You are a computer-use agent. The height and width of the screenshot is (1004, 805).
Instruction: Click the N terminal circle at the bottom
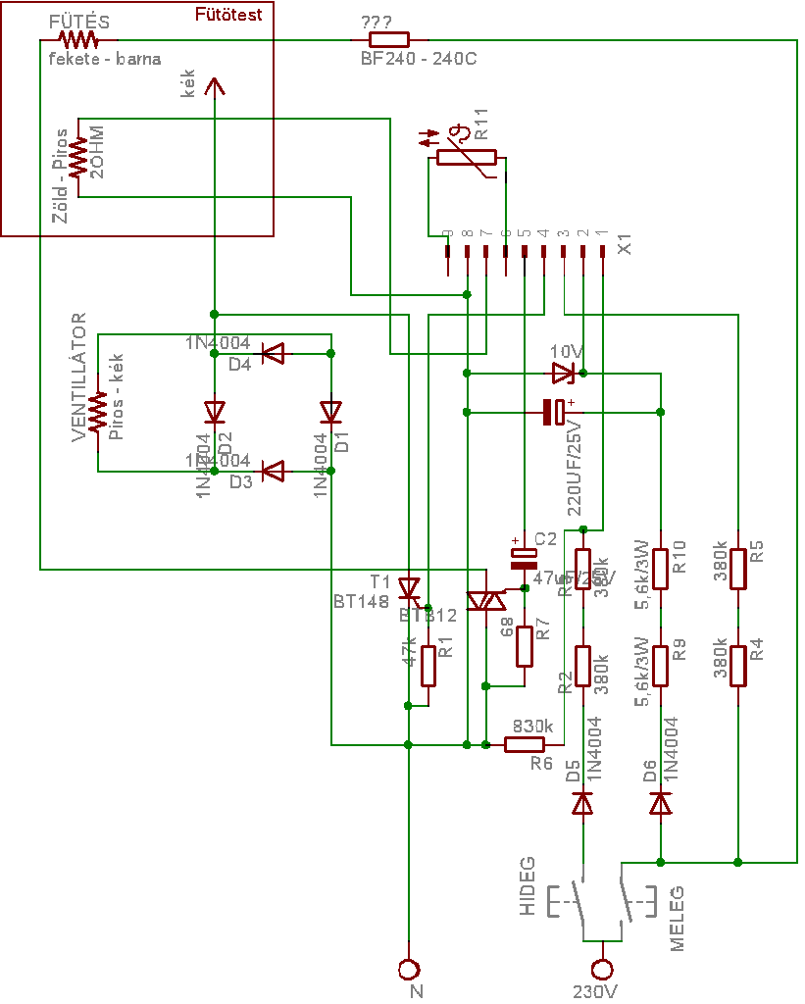coord(408,969)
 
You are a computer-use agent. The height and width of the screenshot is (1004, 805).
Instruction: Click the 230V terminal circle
coord(602,969)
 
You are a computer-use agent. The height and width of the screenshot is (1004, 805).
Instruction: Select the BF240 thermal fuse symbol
coord(388,40)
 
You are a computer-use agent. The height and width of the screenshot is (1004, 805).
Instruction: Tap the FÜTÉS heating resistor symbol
coord(78,40)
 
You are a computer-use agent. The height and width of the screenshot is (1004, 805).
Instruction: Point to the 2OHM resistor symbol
coord(78,157)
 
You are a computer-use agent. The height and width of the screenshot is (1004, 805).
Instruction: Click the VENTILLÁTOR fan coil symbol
coord(97,412)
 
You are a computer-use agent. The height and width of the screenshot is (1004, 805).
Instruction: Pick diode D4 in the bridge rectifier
coord(272,353)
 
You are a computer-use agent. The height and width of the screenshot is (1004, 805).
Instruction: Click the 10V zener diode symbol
coord(563,373)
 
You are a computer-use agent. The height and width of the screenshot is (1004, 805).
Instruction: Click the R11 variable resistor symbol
coord(466,157)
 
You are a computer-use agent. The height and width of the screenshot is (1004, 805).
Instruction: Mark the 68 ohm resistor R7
coord(525,645)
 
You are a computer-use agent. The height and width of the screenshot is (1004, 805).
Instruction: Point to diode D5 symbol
coord(582,804)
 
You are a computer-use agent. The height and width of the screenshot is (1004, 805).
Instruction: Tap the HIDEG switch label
coord(528,886)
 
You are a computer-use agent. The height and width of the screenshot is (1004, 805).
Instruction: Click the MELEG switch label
coord(677,919)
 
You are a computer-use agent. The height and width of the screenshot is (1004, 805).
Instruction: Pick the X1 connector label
coord(627,238)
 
